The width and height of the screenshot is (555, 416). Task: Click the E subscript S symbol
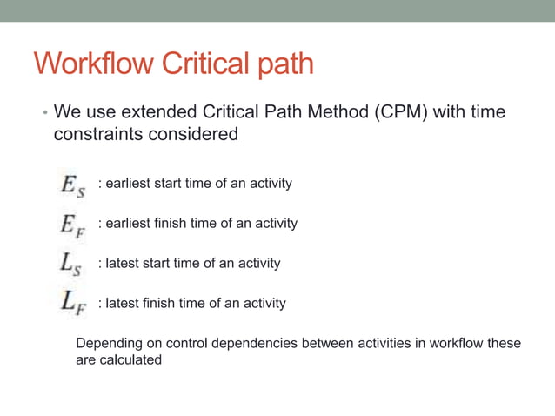click(x=72, y=185)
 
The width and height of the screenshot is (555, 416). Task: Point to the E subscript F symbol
click(x=72, y=225)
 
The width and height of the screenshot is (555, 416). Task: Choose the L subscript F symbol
click(x=72, y=304)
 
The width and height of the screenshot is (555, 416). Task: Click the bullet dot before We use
click(x=44, y=114)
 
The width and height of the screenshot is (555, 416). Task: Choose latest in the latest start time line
click(x=126, y=263)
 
